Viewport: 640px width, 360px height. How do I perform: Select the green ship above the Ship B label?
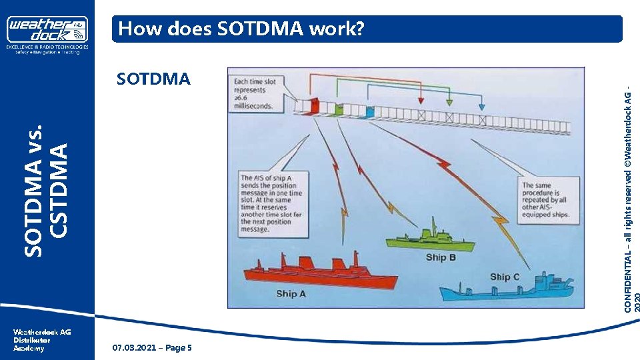pos(434,241)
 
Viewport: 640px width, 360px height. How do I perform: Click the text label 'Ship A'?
pos(287,293)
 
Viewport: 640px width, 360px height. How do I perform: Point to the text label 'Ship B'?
pos(441,257)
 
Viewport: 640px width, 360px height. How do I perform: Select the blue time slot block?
pos(369,111)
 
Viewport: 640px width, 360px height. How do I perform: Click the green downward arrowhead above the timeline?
pos(449,102)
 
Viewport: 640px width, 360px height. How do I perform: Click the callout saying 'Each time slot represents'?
pos(259,94)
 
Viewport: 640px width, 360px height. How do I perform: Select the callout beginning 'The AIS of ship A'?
pos(272,203)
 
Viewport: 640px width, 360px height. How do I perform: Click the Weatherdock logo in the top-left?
pos(47,31)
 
